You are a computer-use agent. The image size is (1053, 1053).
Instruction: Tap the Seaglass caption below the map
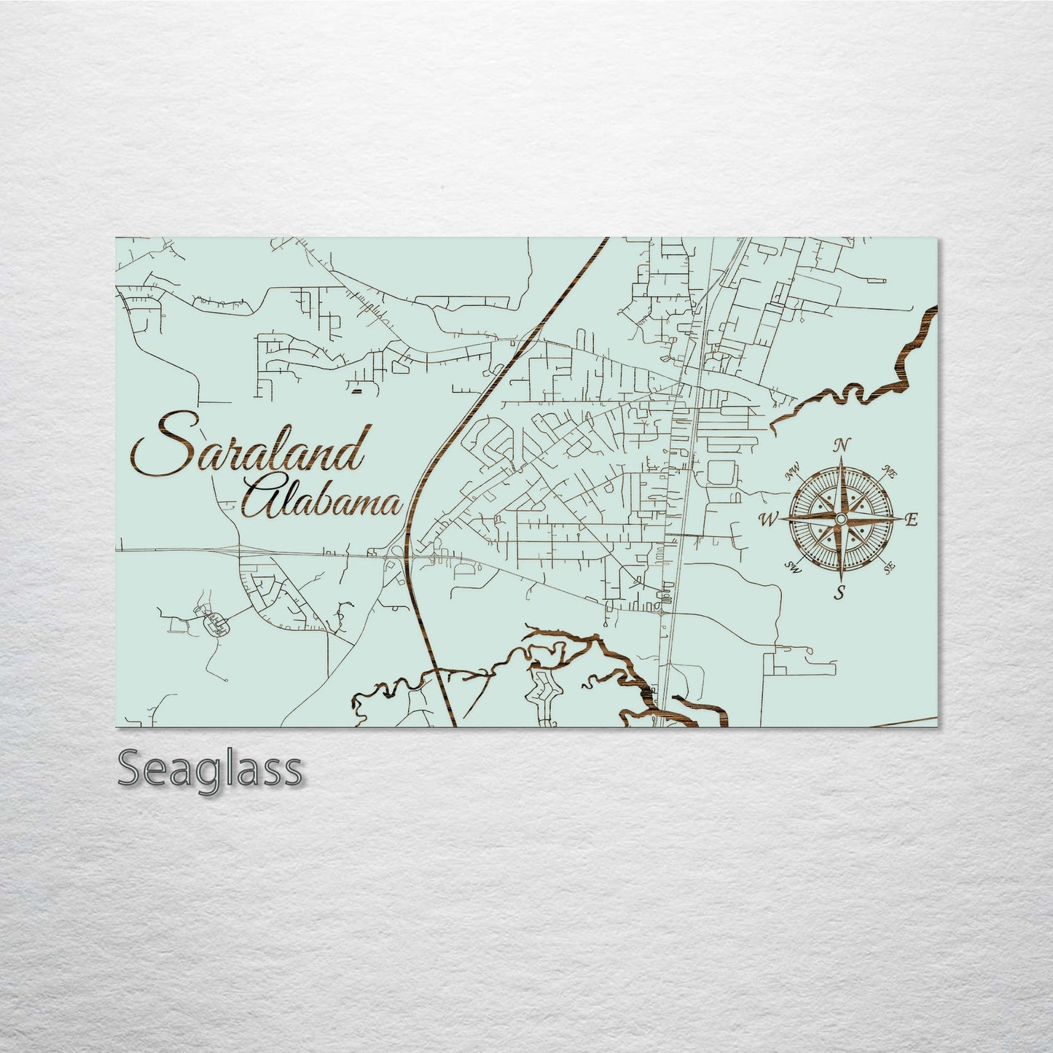coord(209,770)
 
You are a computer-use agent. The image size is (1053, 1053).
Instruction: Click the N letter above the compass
coord(842,445)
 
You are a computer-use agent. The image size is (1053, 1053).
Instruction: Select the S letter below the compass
coord(840,592)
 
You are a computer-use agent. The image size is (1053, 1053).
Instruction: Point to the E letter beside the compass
coord(911,520)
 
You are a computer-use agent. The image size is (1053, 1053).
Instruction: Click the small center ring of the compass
coord(840,518)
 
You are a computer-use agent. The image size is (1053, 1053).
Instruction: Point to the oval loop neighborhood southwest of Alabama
coord(216,622)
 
